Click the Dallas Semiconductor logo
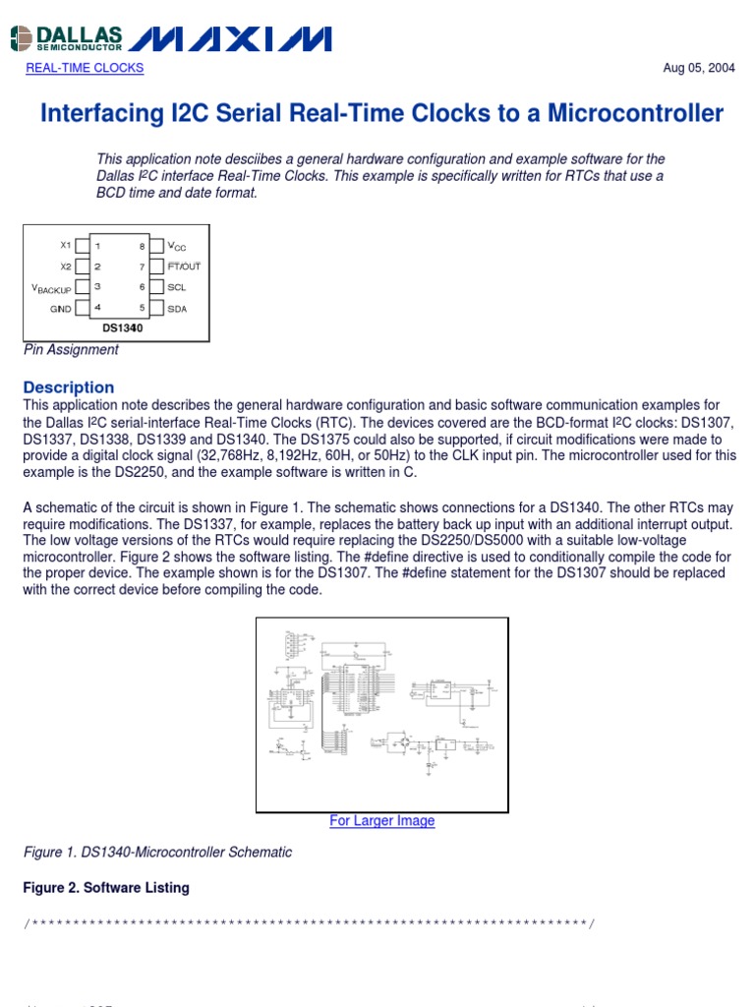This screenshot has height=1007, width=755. (x=67, y=38)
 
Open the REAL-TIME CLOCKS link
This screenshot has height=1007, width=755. (x=85, y=68)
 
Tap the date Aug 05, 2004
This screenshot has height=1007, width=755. (x=700, y=68)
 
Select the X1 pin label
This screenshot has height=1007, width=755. (x=66, y=245)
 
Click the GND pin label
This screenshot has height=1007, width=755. (x=61, y=309)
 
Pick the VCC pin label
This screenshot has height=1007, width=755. (x=177, y=246)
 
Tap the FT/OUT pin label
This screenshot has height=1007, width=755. (x=184, y=267)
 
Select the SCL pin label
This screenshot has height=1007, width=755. (x=177, y=287)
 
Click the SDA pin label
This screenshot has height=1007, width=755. (x=177, y=309)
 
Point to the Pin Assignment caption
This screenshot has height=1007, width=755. (x=71, y=350)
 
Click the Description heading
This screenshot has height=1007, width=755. (x=69, y=387)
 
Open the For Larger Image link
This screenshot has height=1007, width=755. (x=382, y=821)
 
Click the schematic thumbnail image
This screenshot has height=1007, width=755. (x=382, y=714)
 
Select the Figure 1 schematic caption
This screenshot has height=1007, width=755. (x=157, y=853)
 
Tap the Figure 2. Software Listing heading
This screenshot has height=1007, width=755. (x=106, y=888)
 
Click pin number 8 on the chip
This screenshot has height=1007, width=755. (x=143, y=246)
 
